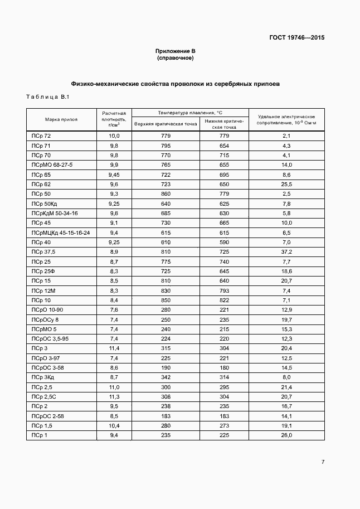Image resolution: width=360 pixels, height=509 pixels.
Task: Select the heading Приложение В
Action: point(175,51)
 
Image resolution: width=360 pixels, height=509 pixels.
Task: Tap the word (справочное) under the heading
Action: point(175,57)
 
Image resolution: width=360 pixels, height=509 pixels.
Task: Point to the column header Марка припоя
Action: point(61,119)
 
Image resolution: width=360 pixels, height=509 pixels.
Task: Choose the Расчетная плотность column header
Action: point(114,119)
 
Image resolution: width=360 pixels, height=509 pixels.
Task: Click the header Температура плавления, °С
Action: point(189,112)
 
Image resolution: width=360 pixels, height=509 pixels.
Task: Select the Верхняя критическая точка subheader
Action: point(166,124)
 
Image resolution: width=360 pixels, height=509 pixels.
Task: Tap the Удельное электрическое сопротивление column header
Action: point(287,119)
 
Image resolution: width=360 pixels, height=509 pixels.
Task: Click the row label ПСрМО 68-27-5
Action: point(52,165)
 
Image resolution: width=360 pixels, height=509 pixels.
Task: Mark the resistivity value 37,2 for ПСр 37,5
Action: point(287,252)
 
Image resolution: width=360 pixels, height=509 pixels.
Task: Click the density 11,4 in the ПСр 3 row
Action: point(114,348)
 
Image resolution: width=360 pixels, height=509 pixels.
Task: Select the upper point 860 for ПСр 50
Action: point(166,194)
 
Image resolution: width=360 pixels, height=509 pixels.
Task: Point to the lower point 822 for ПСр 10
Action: point(224,300)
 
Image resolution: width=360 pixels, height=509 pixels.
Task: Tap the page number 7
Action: point(323,462)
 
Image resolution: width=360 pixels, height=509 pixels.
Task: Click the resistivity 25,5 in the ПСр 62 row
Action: point(287,184)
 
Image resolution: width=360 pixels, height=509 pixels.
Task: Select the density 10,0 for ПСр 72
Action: point(114,136)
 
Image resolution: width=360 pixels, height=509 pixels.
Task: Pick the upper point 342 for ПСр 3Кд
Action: point(166,377)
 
